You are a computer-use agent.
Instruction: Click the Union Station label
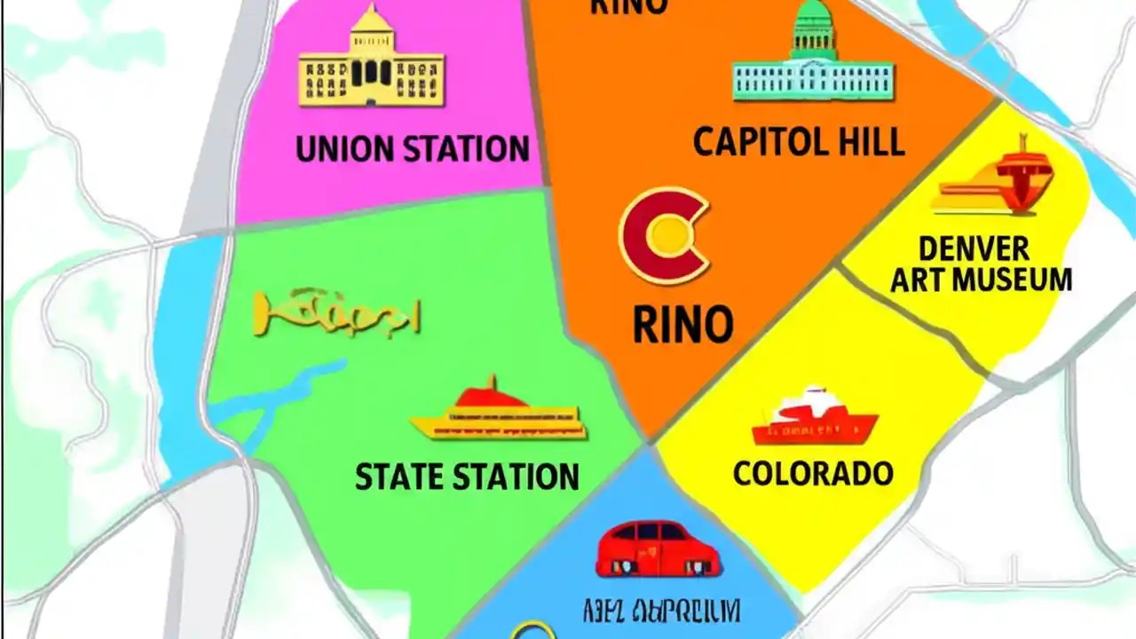click(x=412, y=149)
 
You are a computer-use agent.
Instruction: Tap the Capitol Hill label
click(x=798, y=142)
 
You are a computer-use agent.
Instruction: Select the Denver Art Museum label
click(x=980, y=264)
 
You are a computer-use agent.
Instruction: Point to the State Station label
click(x=467, y=477)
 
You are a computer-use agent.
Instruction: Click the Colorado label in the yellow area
click(x=812, y=472)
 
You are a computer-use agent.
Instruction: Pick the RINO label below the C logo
click(x=682, y=325)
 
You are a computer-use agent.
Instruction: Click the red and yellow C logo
click(x=665, y=234)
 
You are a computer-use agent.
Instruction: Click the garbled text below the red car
click(x=661, y=611)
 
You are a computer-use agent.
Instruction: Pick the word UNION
click(x=340, y=149)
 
